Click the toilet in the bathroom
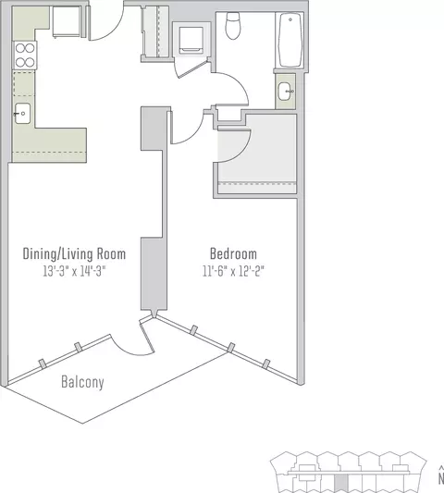[x=233, y=26]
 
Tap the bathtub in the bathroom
[x=290, y=40]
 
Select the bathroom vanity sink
[x=286, y=92]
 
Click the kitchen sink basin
[x=22, y=114]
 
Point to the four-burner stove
[x=25, y=55]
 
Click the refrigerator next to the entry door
[x=67, y=21]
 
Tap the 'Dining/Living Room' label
[x=74, y=254]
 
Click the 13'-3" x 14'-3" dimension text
[x=74, y=271]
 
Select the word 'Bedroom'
[x=233, y=253]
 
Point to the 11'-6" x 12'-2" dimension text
[x=233, y=271]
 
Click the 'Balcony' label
[x=82, y=382]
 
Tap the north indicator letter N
[x=441, y=478]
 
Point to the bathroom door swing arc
[x=239, y=82]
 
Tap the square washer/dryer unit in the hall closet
[x=191, y=41]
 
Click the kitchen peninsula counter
[x=61, y=145]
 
